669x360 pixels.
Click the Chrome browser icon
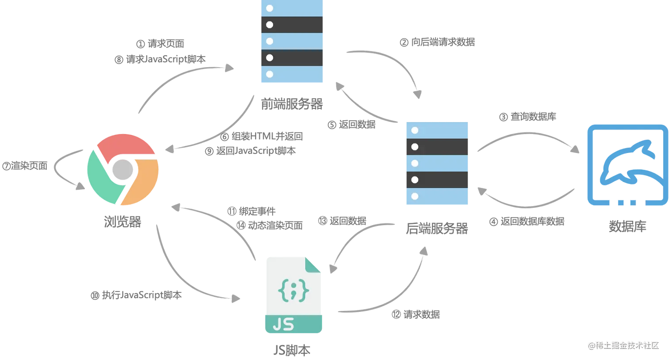pyautogui.click(x=123, y=169)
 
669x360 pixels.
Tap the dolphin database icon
pyautogui.click(x=627, y=165)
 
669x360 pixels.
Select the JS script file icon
pyautogui.click(x=294, y=295)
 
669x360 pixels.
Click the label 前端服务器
pyautogui.click(x=292, y=104)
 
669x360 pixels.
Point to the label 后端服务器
pyautogui.click(x=437, y=228)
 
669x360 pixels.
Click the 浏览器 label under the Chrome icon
pyautogui.click(x=123, y=222)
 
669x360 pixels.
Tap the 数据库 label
pyautogui.click(x=627, y=226)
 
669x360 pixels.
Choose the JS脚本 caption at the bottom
pyautogui.click(x=292, y=350)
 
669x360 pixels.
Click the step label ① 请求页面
pyautogui.click(x=160, y=44)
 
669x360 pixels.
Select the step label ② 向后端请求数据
pyautogui.click(x=437, y=42)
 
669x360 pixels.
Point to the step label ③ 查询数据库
pyautogui.click(x=527, y=117)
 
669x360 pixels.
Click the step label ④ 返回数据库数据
pyautogui.click(x=527, y=222)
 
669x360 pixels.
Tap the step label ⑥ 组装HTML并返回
pyautogui.click(x=261, y=136)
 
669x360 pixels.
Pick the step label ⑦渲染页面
pyautogui.click(x=25, y=166)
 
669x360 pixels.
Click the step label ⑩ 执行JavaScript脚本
pyautogui.click(x=136, y=295)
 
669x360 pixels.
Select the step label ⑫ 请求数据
pyautogui.click(x=416, y=314)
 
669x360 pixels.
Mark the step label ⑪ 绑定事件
pyautogui.click(x=251, y=211)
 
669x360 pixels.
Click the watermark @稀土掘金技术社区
pyautogui.click(x=623, y=346)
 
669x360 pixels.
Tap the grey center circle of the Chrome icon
pyautogui.click(x=123, y=169)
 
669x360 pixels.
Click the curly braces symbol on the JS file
pyautogui.click(x=293, y=291)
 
